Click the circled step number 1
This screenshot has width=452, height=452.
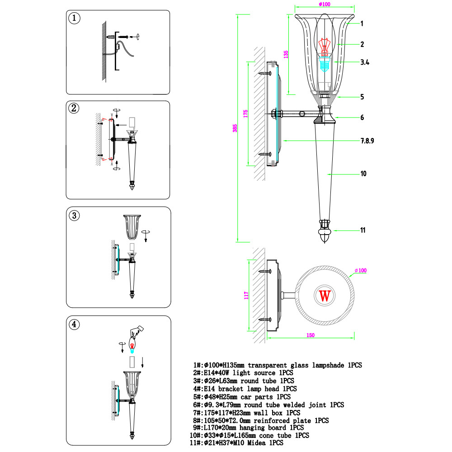(75, 18)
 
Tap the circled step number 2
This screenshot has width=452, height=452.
(74, 108)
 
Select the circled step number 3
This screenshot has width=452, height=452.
(75, 216)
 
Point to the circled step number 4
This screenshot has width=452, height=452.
(74, 324)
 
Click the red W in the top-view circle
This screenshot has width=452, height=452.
(325, 296)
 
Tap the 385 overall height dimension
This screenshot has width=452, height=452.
(235, 128)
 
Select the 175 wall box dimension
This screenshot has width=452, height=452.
(245, 113)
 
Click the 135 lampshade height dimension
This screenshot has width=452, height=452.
(286, 55)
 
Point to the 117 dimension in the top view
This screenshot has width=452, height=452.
(246, 296)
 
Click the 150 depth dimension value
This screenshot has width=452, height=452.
(311, 335)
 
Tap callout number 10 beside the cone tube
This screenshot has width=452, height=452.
(363, 174)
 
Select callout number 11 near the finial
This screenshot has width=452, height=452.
(363, 230)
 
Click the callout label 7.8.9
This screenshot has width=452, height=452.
(367, 141)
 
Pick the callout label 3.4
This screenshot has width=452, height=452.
(365, 62)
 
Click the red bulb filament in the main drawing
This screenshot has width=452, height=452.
(324, 47)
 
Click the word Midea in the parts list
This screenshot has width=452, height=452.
(256, 443)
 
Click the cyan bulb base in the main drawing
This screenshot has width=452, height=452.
(325, 65)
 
